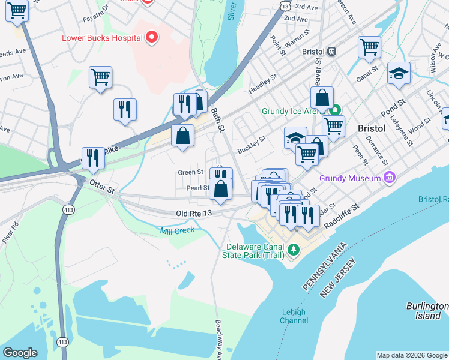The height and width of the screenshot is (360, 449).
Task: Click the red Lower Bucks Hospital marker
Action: tap(152, 38)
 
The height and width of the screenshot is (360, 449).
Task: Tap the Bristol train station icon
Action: tap(331, 52)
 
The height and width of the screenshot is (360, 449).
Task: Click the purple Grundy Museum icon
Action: tap(390, 178)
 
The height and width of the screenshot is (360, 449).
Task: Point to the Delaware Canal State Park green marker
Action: tap(293, 249)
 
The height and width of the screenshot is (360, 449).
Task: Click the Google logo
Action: tap(20, 353)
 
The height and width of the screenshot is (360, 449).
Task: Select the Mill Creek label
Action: tap(177, 230)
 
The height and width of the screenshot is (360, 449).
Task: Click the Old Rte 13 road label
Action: tap(195, 214)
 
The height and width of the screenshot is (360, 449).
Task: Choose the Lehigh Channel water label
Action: tap(294, 316)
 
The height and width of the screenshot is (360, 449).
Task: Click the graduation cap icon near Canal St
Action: tap(399, 73)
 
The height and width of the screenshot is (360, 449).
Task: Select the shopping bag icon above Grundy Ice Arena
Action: tap(322, 98)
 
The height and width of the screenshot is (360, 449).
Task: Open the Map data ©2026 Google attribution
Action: tap(411, 355)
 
